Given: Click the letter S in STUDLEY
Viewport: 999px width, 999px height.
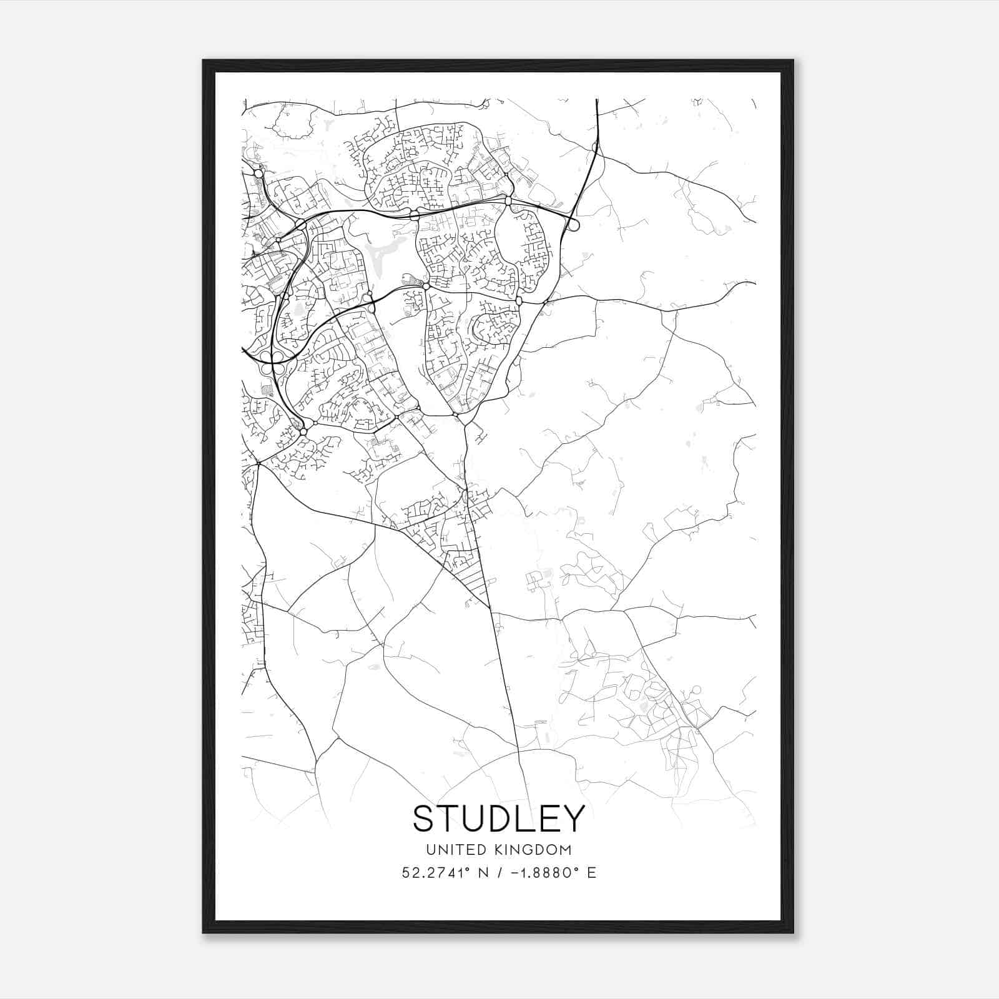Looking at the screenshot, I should pos(424,819).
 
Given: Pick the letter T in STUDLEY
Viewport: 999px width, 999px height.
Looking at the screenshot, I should pos(449,819).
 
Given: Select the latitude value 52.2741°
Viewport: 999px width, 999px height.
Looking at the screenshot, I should pos(435,872).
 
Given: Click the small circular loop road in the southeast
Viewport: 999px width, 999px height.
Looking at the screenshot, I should pos(697,690).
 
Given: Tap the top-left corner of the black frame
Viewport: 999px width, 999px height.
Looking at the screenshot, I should pos(204,61).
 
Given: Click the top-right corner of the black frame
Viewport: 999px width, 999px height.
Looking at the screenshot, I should pos(793,61).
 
